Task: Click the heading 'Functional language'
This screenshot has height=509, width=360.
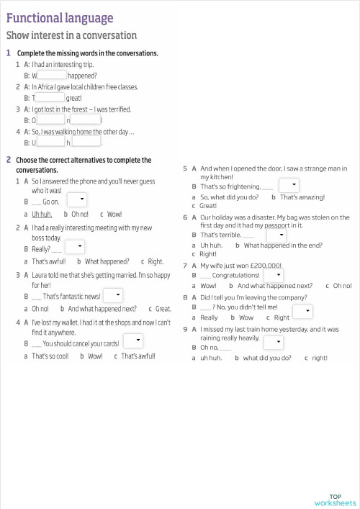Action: (x=59, y=18)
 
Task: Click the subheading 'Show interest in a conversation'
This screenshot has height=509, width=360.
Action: (x=71, y=35)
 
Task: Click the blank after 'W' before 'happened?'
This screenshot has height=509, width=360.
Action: (x=52, y=75)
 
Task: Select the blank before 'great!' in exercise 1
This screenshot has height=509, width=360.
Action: (x=50, y=97)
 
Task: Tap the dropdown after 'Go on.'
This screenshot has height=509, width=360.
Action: (x=77, y=200)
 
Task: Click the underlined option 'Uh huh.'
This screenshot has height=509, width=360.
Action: (x=42, y=214)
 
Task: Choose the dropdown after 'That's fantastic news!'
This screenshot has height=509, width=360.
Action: (x=112, y=295)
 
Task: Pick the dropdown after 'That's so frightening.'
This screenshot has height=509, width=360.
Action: (x=288, y=186)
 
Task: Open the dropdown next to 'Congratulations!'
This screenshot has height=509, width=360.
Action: (x=273, y=275)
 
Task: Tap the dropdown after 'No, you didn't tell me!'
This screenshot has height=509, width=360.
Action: (x=302, y=311)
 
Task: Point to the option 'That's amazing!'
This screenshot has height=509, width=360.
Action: (x=302, y=197)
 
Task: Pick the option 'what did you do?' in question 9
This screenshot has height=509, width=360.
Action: (x=267, y=357)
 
